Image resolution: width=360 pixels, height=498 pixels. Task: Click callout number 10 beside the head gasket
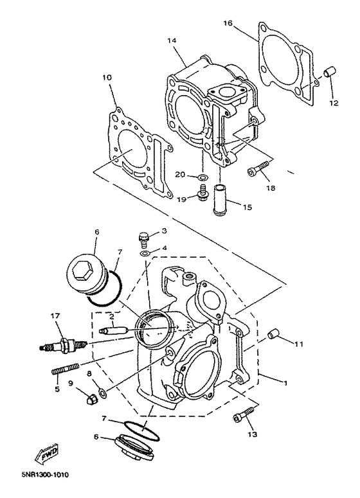click(x=107, y=77)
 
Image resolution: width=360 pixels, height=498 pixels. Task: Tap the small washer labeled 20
click(x=202, y=175)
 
